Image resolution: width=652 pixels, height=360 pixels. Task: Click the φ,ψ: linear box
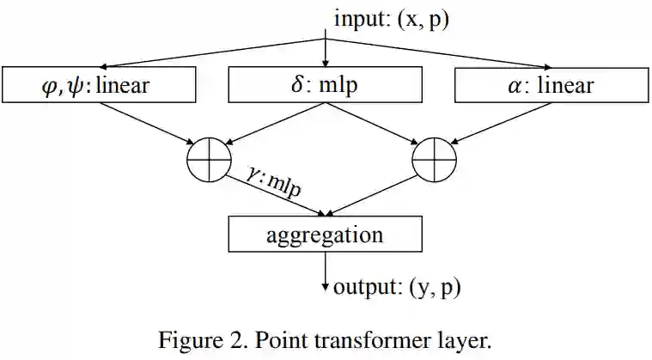(100, 85)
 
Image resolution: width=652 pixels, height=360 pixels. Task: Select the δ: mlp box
(326, 85)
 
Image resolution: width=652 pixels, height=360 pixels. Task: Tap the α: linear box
(551, 85)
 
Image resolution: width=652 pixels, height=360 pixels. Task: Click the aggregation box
(326, 235)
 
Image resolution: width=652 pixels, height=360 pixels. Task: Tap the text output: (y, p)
(396, 286)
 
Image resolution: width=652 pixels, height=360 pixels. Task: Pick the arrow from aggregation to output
(326, 272)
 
